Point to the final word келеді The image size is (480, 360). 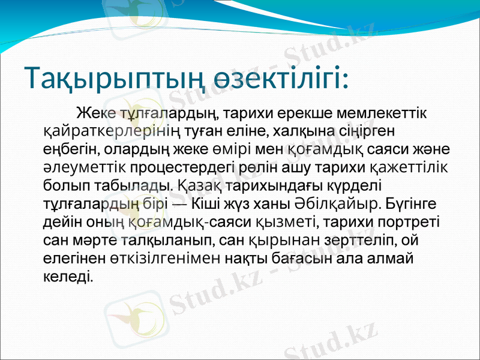pyautogui.click(x=68, y=277)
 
